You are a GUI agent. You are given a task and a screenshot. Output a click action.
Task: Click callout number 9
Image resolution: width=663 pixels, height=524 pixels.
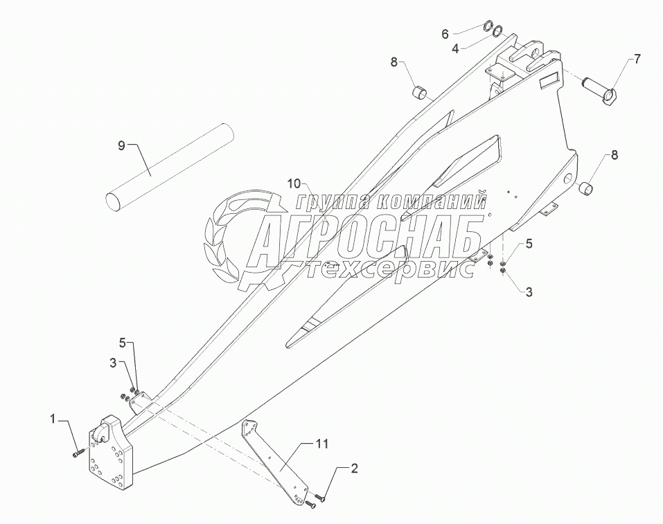tap(121, 145)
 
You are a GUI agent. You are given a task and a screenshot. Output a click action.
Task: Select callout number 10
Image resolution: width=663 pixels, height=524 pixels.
tap(294, 183)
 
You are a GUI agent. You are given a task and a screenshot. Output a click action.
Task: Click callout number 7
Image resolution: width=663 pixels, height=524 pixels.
tap(637, 60)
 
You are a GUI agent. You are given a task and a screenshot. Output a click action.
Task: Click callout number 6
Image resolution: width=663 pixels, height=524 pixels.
tap(446, 33)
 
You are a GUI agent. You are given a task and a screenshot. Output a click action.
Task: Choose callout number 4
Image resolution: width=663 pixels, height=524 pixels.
tap(456, 48)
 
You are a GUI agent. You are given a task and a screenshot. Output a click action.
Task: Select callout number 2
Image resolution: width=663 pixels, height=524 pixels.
tap(354, 469)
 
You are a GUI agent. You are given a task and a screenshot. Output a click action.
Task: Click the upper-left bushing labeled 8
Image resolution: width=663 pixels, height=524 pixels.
tap(421, 91)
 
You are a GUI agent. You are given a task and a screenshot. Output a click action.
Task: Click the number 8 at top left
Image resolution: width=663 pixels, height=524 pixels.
tap(394, 62)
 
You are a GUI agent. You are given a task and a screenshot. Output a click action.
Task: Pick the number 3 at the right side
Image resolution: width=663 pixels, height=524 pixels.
tap(529, 292)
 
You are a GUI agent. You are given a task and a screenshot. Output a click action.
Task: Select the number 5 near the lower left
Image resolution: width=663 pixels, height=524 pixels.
tap(122, 343)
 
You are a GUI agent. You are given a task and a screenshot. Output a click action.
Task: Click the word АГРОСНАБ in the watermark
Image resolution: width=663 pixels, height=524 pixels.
tap(364, 236)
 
